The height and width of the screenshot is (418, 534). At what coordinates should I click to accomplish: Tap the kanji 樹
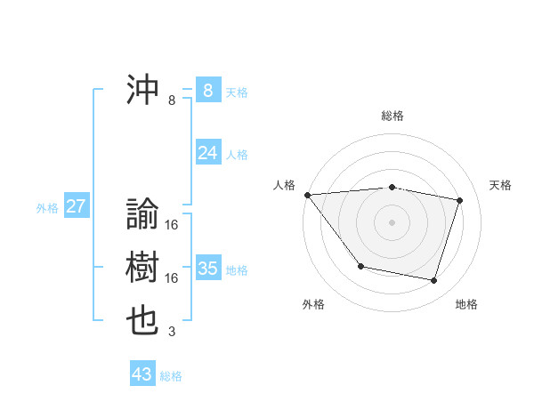143,268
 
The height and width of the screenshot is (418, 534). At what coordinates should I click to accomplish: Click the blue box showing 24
207,153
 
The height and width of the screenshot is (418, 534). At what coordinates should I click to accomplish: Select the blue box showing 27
76,207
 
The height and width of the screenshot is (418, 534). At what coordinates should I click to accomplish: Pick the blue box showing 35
207,269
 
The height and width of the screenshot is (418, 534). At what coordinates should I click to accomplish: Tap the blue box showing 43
142,374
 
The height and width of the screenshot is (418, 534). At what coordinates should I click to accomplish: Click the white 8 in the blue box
207,91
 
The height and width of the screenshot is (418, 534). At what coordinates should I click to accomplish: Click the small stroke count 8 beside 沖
172,100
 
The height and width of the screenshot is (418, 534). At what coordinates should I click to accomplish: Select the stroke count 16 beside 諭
172,225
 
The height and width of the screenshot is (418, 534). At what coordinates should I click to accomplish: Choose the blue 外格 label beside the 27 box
47,208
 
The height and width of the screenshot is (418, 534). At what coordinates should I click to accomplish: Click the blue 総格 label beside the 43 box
171,376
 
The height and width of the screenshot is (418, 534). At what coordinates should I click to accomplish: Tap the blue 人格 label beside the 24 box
236,155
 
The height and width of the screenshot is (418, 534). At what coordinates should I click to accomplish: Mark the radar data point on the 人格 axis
307,195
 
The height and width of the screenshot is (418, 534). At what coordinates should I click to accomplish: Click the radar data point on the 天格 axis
460,200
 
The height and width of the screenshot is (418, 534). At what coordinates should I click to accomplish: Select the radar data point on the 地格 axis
434,281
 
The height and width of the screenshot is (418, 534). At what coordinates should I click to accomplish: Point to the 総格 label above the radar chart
392,116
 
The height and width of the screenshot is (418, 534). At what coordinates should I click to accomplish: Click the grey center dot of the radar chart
392,221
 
